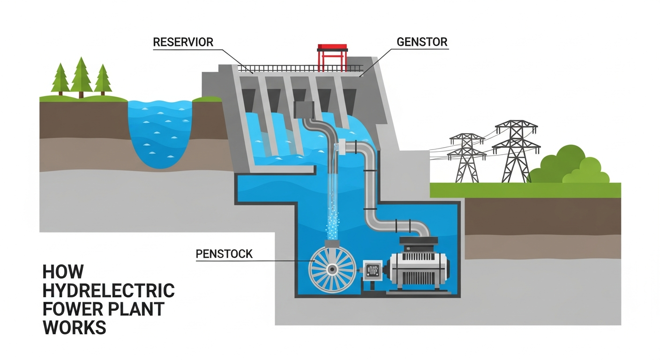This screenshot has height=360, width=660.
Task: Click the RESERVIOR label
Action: pos(183,42)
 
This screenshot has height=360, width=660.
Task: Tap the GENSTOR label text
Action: pos(422,41)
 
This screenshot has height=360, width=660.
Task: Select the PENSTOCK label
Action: pos(223,255)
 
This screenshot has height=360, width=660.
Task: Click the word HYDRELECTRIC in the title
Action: pos(108,290)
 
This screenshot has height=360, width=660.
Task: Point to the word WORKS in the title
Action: pos(75,327)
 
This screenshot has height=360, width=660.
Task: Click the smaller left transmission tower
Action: pos(465,157)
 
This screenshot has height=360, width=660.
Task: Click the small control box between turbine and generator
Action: pos(372,272)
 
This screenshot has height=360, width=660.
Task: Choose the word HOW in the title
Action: pos(63,271)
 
